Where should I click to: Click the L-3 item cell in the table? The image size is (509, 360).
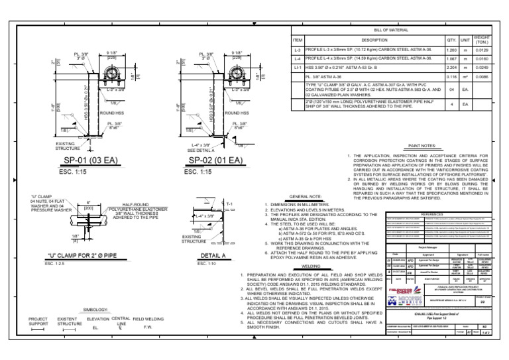click(x=298, y=50)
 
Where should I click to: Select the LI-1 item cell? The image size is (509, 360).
click(x=298, y=67)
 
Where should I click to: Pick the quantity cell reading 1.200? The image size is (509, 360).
click(x=452, y=50)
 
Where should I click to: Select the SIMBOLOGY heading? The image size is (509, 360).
click(x=96, y=310)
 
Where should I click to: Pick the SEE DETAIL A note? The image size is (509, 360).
click(x=201, y=150)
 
